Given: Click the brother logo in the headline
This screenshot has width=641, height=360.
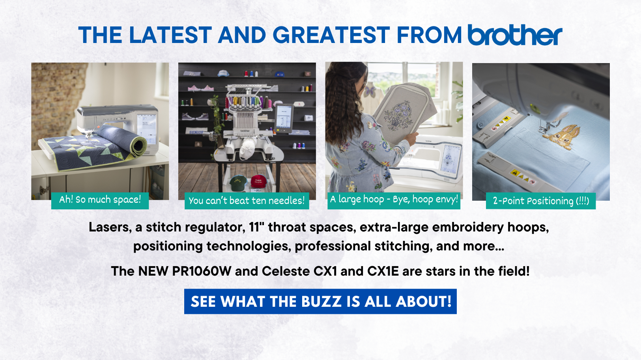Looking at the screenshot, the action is pos(515,35).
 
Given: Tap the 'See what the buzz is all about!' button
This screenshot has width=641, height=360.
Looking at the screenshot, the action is pos(320,301).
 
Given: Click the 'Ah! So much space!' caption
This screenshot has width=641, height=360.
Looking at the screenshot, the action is pos(100,200).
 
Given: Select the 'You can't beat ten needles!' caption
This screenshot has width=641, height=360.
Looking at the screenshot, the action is pos(247,201).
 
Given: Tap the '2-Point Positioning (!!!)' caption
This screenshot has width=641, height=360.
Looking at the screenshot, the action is pos(541,201).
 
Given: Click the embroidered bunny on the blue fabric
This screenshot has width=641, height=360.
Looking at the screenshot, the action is pos(561,137).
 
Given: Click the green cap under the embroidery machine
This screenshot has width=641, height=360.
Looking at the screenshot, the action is pos(238,183).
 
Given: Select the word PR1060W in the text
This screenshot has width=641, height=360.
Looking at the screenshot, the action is pos(202,271).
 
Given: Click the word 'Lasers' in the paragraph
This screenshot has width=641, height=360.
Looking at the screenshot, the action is pos(110,228).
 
